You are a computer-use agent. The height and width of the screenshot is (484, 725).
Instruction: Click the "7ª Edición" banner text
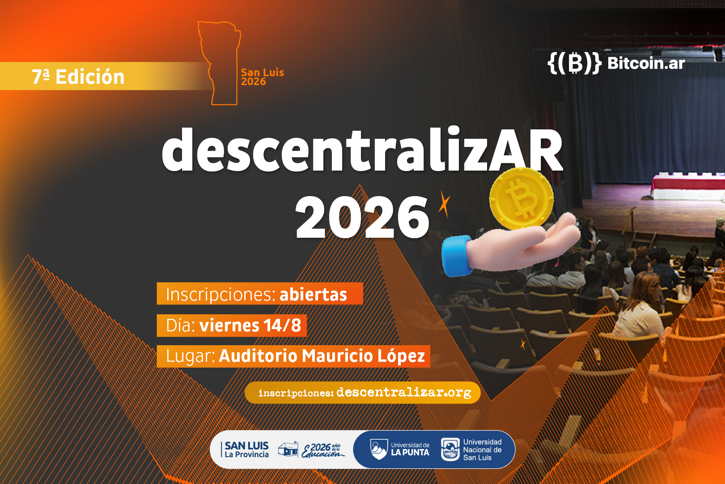[78, 77]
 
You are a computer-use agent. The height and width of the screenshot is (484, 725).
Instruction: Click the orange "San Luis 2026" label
[262, 77]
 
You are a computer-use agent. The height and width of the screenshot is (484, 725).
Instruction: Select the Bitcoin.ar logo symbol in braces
[574, 63]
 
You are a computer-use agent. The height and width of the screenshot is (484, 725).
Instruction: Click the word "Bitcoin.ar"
[646, 63]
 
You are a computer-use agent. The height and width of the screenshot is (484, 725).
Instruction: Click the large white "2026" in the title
[362, 217]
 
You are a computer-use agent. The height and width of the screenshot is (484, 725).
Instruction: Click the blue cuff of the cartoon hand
[457, 256]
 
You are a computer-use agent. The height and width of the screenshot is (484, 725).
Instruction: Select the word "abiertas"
[313, 295]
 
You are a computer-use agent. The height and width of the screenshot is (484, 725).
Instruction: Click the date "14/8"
[282, 325]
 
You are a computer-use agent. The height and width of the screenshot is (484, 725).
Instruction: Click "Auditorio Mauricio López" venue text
[322, 356]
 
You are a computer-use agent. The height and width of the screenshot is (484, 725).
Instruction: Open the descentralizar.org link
[403, 393]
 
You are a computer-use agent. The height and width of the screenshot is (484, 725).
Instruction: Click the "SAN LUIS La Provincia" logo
[246, 450]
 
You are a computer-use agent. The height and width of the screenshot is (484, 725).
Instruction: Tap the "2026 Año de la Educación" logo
[322, 450]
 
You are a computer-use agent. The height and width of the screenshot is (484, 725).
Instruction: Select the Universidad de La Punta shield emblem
[379, 450]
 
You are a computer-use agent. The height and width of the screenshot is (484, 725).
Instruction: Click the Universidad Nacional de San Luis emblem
[450, 450]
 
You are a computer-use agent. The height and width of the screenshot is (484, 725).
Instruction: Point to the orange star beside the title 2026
[444, 203]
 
